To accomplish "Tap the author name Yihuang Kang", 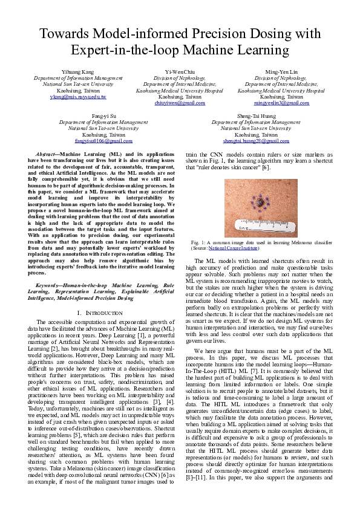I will coord(78,72).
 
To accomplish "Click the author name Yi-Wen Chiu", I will coord(180,72).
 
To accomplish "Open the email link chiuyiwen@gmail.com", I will coord(180,103).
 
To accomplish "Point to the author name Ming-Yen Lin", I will coord(281,72).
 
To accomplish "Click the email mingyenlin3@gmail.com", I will coord(281,103).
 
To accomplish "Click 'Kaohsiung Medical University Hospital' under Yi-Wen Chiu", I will coord(180,90).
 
